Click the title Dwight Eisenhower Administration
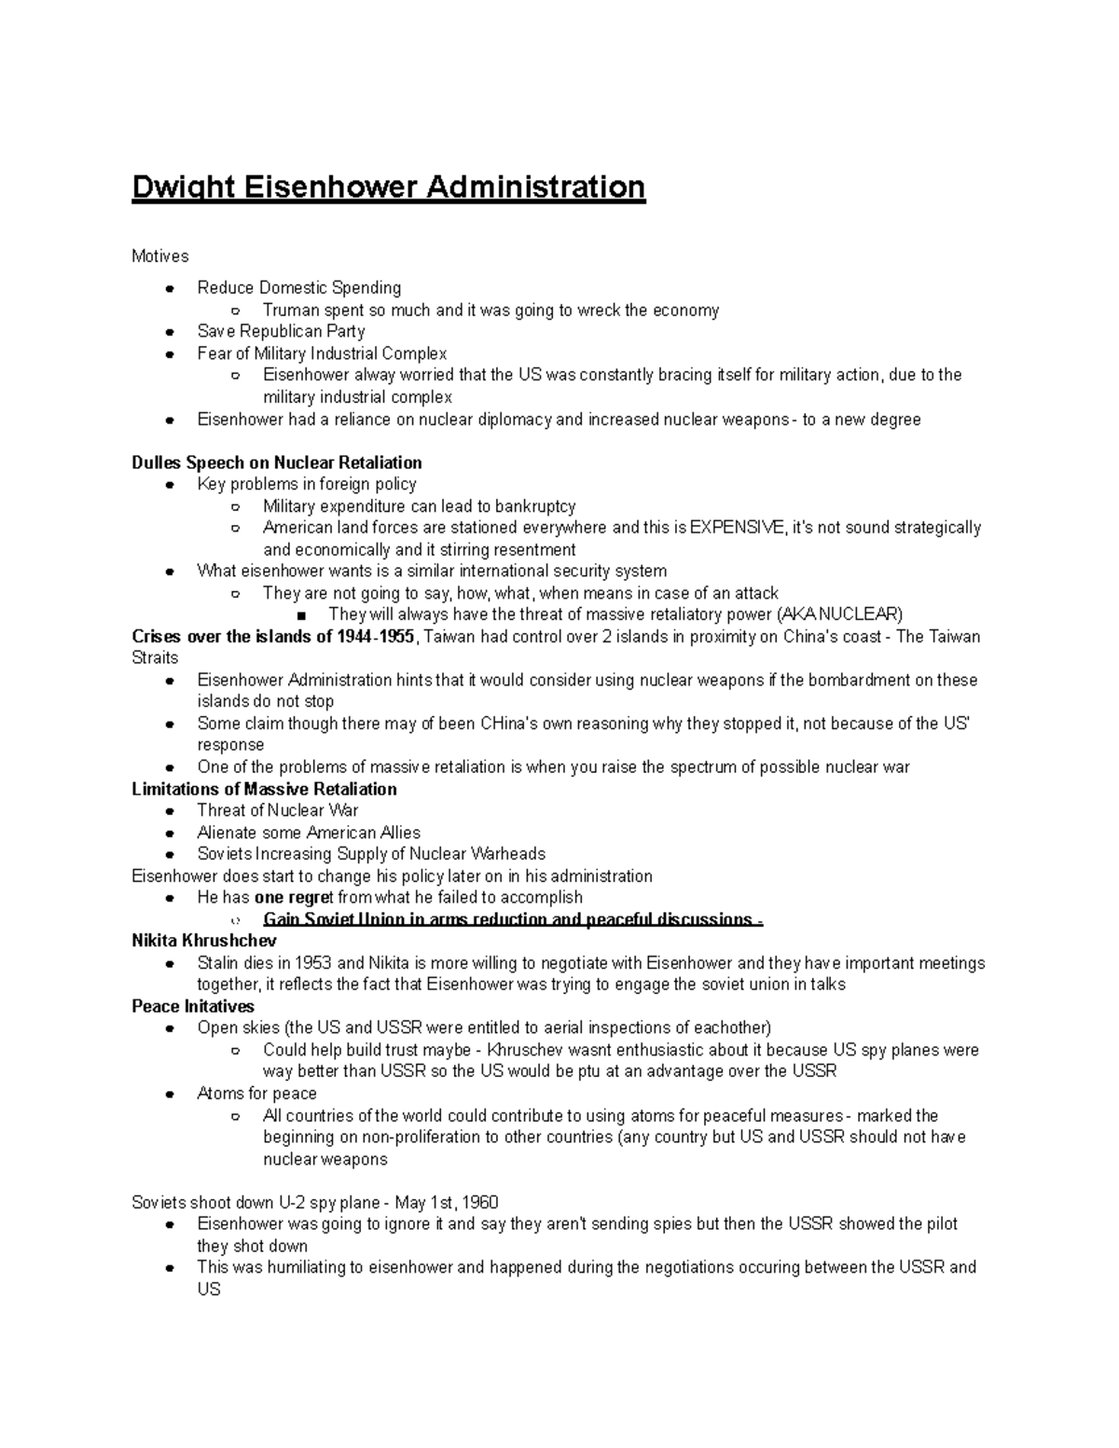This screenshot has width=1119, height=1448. click(388, 187)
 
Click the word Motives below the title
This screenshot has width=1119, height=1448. click(160, 256)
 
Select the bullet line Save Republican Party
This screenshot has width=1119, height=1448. click(281, 331)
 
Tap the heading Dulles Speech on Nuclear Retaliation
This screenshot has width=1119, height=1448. click(277, 462)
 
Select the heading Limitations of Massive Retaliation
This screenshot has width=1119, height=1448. click(264, 789)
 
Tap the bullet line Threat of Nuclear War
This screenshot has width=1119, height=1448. click(277, 810)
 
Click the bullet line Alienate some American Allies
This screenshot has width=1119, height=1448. click(309, 833)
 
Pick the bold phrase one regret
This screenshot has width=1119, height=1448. click(293, 898)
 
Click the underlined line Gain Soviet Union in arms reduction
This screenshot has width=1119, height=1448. click(513, 920)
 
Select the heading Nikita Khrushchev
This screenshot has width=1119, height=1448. click(204, 941)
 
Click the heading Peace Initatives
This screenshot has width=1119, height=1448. click(193, 1006)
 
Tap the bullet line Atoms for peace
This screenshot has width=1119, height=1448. click(256, 1094)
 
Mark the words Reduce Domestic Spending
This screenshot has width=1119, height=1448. click(299, 288)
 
